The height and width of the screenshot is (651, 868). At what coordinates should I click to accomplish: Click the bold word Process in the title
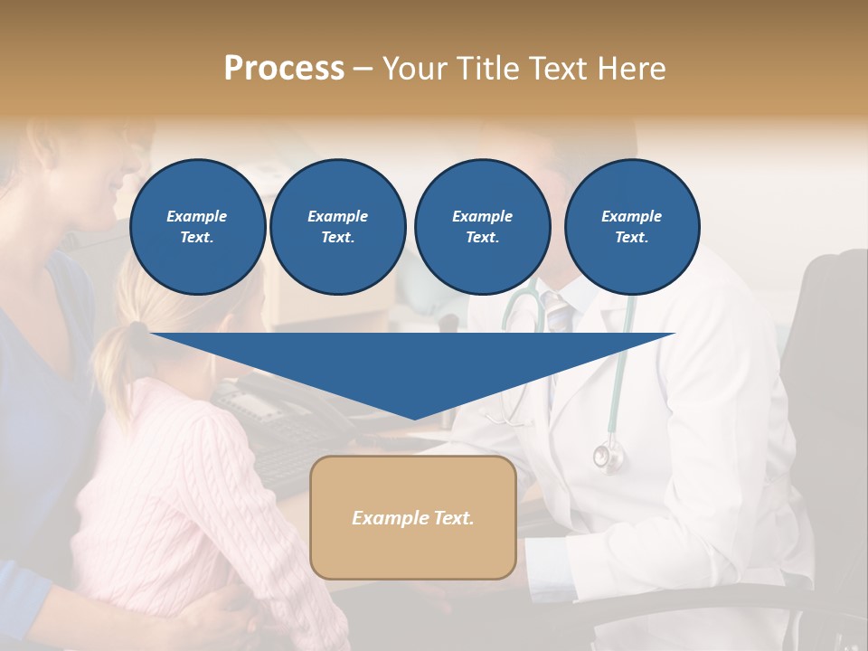[284, 69]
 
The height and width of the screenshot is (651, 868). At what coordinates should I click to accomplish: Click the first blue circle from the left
[197, 227]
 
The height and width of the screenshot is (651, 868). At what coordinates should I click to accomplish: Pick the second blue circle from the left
[338, 227]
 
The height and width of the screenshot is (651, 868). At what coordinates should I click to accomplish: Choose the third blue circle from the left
[482, 227]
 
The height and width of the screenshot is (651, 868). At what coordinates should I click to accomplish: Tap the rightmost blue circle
[632, 227]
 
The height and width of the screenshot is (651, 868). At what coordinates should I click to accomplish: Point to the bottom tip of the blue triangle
[414, 417]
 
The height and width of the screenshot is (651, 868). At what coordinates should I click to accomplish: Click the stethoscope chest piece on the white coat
[609, 456]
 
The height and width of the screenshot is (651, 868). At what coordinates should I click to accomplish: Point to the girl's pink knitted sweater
[172, 488]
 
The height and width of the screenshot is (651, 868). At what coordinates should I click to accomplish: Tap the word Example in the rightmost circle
[631, 216]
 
